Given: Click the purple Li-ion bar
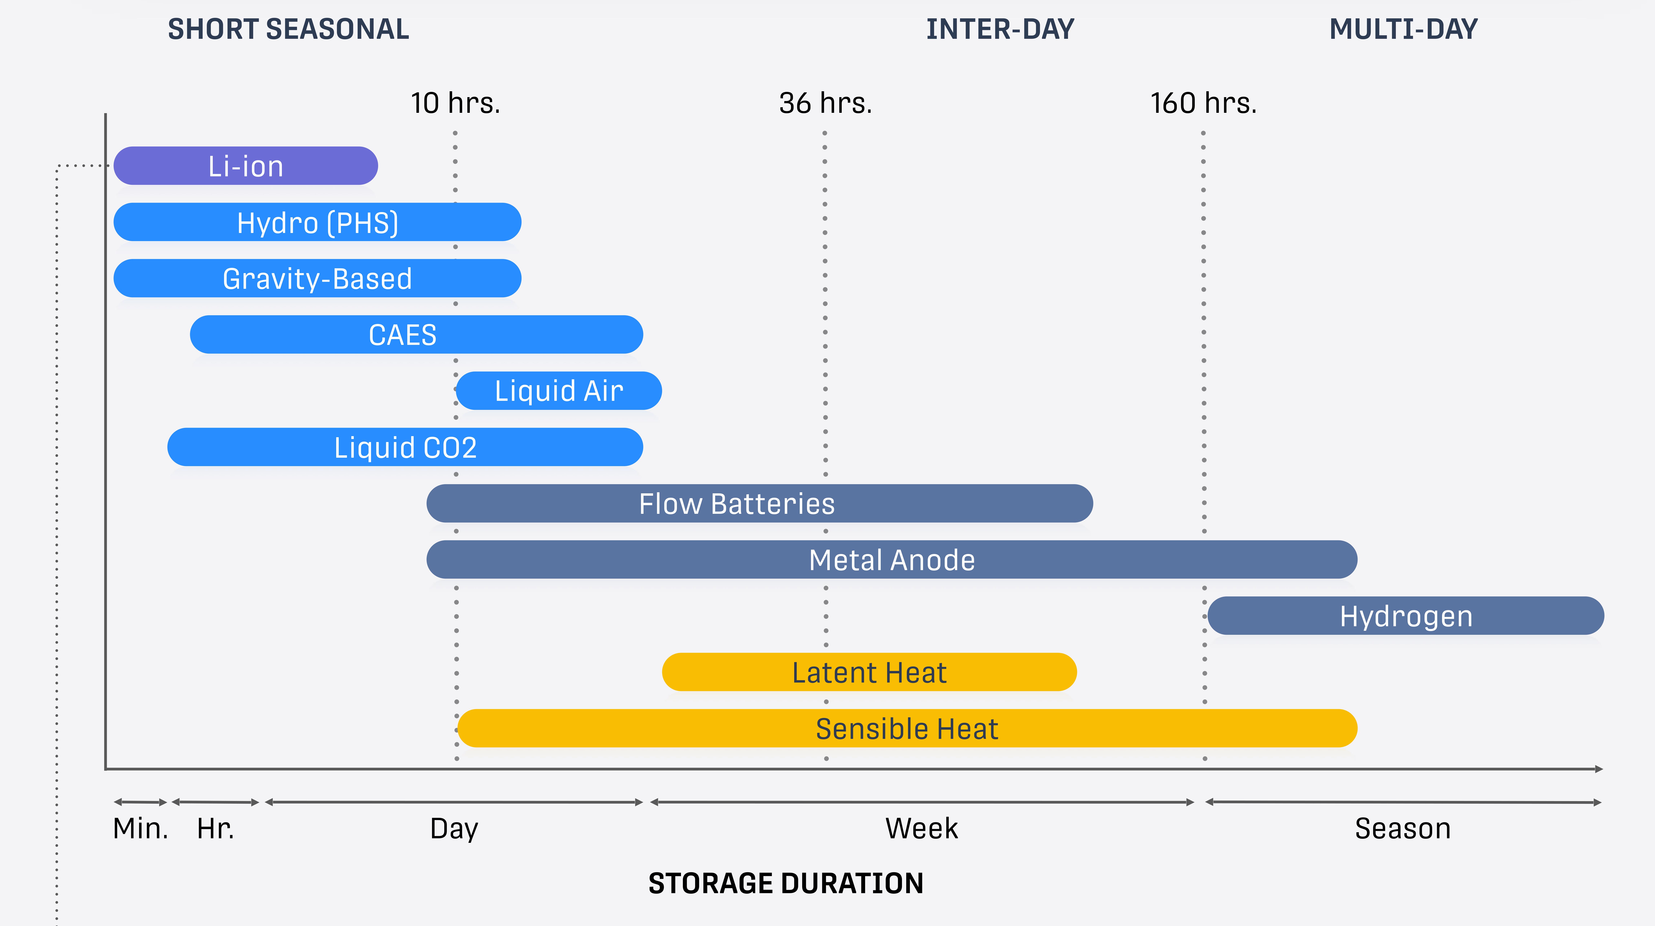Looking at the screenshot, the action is (245, 166).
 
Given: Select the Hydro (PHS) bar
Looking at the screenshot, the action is (317, 222).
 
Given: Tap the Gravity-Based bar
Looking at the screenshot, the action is (317, 278).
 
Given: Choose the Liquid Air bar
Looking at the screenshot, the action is (559, 391).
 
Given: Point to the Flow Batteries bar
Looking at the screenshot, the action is (759, 503).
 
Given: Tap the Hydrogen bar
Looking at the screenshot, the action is (1406, 616).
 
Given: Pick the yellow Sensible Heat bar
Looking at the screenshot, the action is (907, 728).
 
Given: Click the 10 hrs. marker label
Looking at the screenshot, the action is (455, 103).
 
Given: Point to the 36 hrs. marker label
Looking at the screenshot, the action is (826, 103).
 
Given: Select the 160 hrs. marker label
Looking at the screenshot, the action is (1203, 103).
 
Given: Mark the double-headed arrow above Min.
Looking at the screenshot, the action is (141, 802).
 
